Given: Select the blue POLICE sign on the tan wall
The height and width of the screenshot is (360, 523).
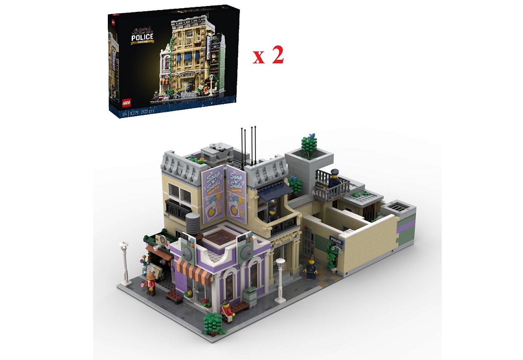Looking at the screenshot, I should pos(336,241).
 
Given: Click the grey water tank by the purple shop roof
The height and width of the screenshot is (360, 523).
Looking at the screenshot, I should pos(193,224).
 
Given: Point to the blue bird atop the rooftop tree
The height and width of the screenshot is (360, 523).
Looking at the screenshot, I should pos(313,135).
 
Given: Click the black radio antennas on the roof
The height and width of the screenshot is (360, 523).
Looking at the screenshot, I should pos(248,146).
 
